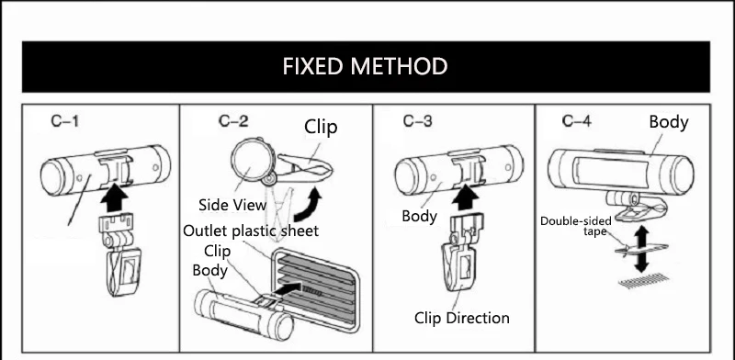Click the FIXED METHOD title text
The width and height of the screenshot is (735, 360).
coord(365,66)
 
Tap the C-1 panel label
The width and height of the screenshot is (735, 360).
coord(64,121)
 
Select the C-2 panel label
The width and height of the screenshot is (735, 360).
coord(233,121)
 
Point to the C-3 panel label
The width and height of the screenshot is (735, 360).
coord(417,121)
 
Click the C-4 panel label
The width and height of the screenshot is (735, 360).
coord(577,121)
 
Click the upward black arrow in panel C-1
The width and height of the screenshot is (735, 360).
coord(114,198)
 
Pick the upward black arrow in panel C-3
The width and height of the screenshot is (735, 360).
coord(465,197)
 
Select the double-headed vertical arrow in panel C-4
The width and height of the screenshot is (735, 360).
coord(641,250)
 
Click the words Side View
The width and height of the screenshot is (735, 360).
coord(232,205)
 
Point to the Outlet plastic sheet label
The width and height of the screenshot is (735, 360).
coord(251,231)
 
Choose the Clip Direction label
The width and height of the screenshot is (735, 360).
coord(462,318)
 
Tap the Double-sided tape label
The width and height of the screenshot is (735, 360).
coord(576,226)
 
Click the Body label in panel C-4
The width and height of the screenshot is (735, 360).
coord(669,122)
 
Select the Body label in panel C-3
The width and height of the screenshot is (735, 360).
coord(420,216)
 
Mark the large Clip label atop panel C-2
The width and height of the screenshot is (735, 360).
coord(321,127)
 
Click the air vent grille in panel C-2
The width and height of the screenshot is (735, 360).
coord(315,290)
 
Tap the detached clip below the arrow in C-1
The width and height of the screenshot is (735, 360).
coord(121,255)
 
